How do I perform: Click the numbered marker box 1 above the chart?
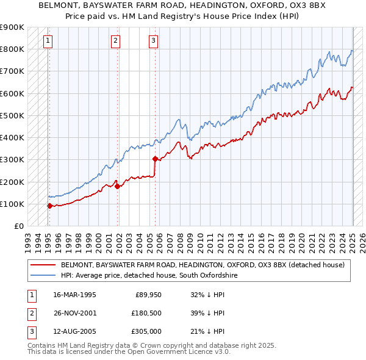tap(48, 41)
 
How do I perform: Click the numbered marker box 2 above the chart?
tap(115, 41)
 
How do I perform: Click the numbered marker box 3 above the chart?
tap(153, 41)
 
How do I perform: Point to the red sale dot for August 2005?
tap(155, 159)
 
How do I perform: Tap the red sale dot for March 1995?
tap(49, 206)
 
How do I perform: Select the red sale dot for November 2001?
tap(118, 186)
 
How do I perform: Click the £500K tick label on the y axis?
tap(12, 115)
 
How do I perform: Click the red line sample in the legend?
tap(43, 265)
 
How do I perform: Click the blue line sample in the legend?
tap(43, 275)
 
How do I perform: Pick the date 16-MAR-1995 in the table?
tap(75, 294)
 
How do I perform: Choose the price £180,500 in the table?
tap(146, 313)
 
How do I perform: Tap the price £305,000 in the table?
tap(146, 331)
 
